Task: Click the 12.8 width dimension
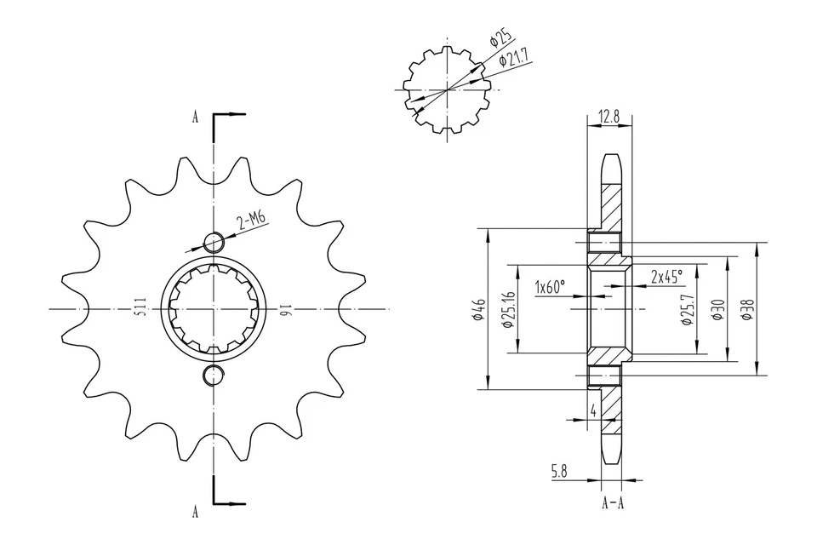click(x=609, y=116)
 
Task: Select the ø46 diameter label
click(x=480, y=310)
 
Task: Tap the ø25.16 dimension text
click(x=509, y=309)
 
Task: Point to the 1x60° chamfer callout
click(x=550, y=287)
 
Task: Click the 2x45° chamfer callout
click(x=666, y=277)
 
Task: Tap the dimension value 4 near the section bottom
click(x=592, y=410)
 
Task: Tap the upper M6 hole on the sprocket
click(x=212, y=243)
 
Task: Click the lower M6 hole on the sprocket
click(x=212, y=375)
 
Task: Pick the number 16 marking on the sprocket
click(x=285, y=309)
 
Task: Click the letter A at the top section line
click(x=195, y=118)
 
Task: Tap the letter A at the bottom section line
click(x=195, y=511)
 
